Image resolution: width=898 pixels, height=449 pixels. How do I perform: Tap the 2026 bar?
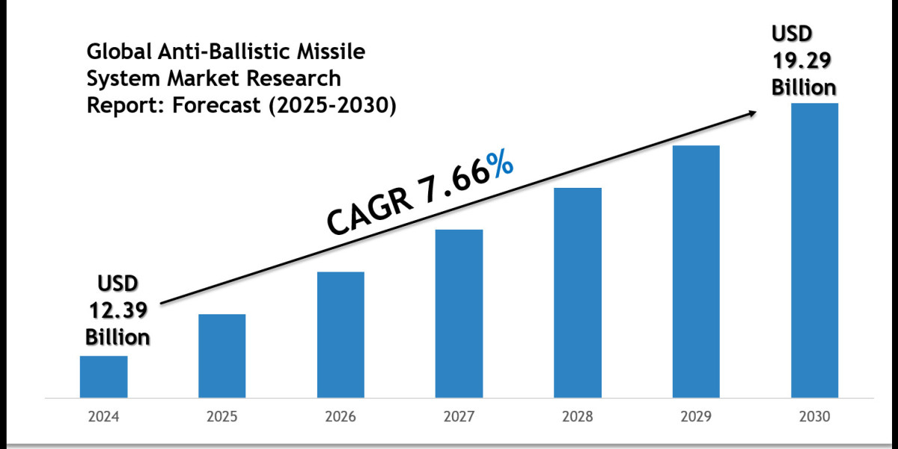coord(340,334)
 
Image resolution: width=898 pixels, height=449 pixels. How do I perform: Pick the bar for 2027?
coord(459,313)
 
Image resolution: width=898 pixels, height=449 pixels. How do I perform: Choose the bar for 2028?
coord(578,292)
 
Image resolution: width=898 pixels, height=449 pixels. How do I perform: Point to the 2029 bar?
coord(696,271)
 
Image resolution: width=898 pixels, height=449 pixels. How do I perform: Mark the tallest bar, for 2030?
coord(815,250)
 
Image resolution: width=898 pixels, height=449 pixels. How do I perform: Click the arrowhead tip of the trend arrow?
coord(754,112)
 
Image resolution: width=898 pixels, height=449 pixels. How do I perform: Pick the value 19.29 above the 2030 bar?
coord(804,61)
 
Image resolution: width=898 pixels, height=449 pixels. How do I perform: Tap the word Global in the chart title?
coord(117,53)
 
